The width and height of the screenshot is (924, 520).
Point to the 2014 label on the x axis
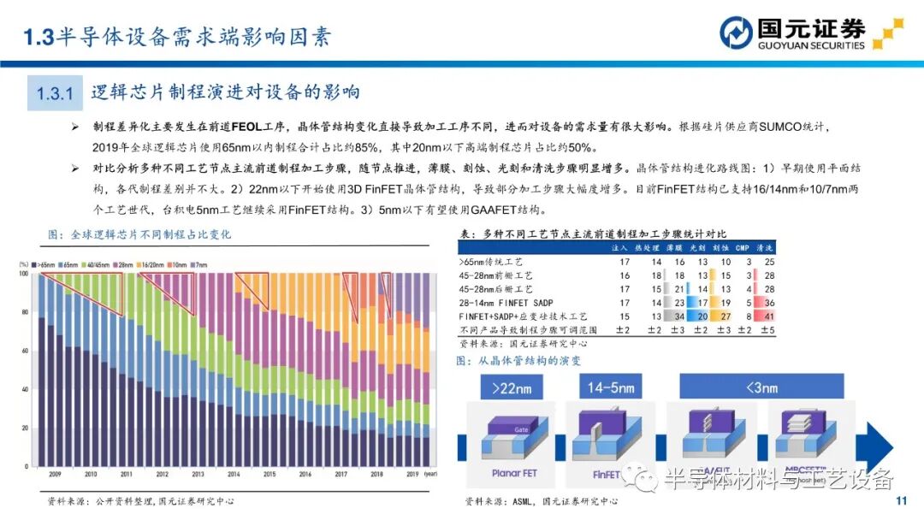coord(234,473)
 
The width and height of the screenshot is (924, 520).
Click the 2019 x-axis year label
coord(412,473)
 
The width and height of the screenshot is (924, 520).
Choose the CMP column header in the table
coord(742,247)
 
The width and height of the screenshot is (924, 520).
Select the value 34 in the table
coord(680,316)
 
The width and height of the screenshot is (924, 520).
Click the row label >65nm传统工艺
coord(495,261)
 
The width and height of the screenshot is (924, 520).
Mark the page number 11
coord(899,501)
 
